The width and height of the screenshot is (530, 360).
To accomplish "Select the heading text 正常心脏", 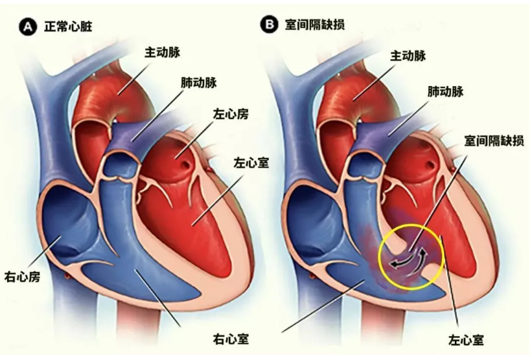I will tap(68, 27).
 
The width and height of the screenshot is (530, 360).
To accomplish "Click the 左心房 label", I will tap(231, 115).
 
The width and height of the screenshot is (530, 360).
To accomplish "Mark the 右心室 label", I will tap(231, 338).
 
